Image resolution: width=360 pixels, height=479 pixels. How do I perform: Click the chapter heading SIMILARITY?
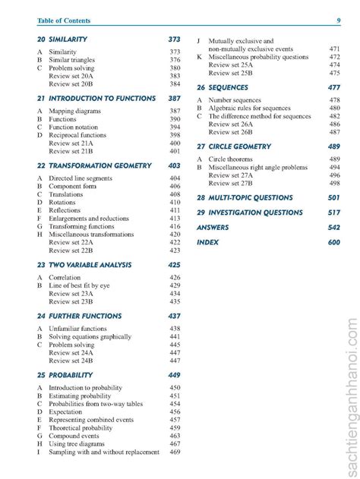[68, 39]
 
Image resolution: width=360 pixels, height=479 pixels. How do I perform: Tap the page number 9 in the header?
[338, 20]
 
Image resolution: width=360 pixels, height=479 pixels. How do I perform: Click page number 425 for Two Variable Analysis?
[174, 265]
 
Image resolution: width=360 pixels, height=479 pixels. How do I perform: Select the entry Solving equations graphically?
[90, 336]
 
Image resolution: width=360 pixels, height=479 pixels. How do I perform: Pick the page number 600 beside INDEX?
[334, 242]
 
